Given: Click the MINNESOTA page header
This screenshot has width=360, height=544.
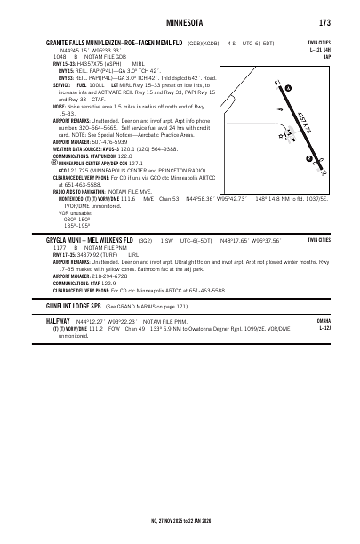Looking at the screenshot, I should pos(180,22).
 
